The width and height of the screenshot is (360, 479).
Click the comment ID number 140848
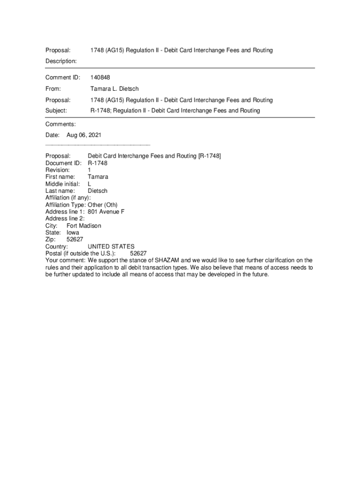coord(100,77)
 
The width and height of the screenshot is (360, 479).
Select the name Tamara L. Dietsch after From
coord(115,88)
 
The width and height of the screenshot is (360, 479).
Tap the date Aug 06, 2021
coord(84,135)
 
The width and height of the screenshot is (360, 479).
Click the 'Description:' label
coord(61,61)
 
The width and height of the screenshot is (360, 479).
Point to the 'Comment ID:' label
coord(63,77)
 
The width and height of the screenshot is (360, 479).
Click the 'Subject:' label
coord(56,110)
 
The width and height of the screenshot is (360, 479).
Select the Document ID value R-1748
coord(98,163)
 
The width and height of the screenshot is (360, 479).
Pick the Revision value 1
coord(90,170)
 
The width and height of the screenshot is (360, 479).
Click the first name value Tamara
coord(98,177)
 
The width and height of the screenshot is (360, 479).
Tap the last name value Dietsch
coord(98,191)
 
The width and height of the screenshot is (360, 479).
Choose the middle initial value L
coord(90,184)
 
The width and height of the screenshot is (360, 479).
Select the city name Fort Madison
coord(84,225)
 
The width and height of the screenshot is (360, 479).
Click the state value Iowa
coord(73,232)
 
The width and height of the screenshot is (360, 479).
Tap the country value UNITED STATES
coord(111,247)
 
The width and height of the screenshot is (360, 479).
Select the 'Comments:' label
coord(60,124)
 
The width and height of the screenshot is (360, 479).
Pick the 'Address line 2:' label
coord(65,218)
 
